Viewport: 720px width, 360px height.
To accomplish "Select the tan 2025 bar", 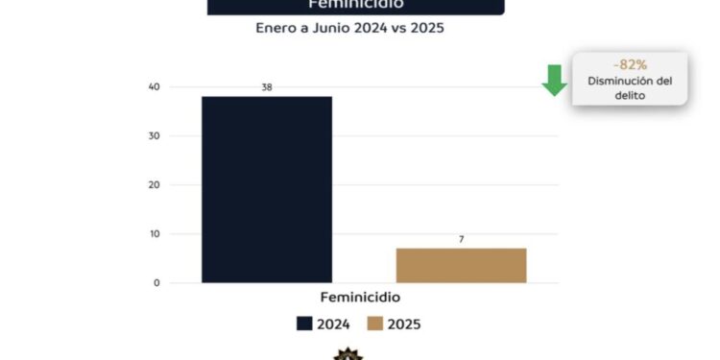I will [x=461, y=265].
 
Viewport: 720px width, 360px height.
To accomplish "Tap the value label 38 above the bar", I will [x=266, y=87].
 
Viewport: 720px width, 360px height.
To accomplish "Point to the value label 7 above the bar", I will [x=461, y=239].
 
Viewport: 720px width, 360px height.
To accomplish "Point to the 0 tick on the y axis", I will [x=156, y=283].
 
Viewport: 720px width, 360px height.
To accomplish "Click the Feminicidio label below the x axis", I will [x=359, y=298].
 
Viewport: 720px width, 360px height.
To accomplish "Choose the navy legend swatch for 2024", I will [x=305, y=324].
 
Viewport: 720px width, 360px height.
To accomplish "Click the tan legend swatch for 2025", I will [x=374, y=324].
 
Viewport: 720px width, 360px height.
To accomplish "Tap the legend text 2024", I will [x=333, y=324].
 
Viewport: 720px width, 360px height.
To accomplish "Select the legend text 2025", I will [x=403, y=324].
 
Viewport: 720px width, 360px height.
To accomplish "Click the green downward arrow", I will [x=554, y=80].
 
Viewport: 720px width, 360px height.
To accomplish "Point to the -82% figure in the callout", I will [x=630, y=64].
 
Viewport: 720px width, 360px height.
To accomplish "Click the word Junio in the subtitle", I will [x=352, y=29].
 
